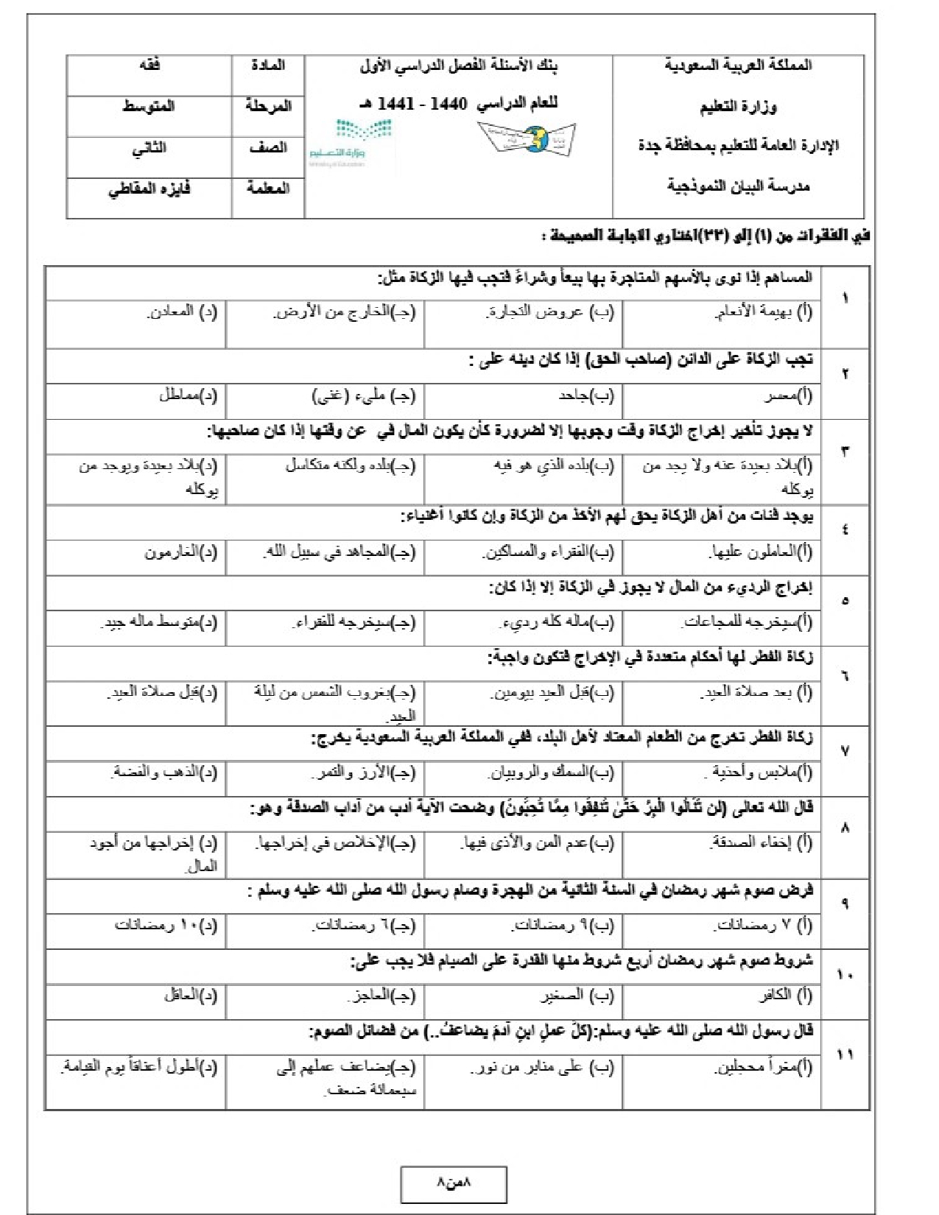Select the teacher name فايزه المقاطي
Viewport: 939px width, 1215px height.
(149, 189)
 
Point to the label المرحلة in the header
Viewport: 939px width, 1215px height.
(268, 107)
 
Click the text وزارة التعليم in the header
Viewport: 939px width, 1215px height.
(737, 108)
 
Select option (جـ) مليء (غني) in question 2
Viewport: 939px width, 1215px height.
(364, 396)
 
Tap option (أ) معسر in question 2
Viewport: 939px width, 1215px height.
(787, 396)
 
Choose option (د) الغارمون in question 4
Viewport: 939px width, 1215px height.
(181, 552)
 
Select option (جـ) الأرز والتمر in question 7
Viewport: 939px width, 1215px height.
(363, 773)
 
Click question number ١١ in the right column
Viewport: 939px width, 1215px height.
(845, 1054)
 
